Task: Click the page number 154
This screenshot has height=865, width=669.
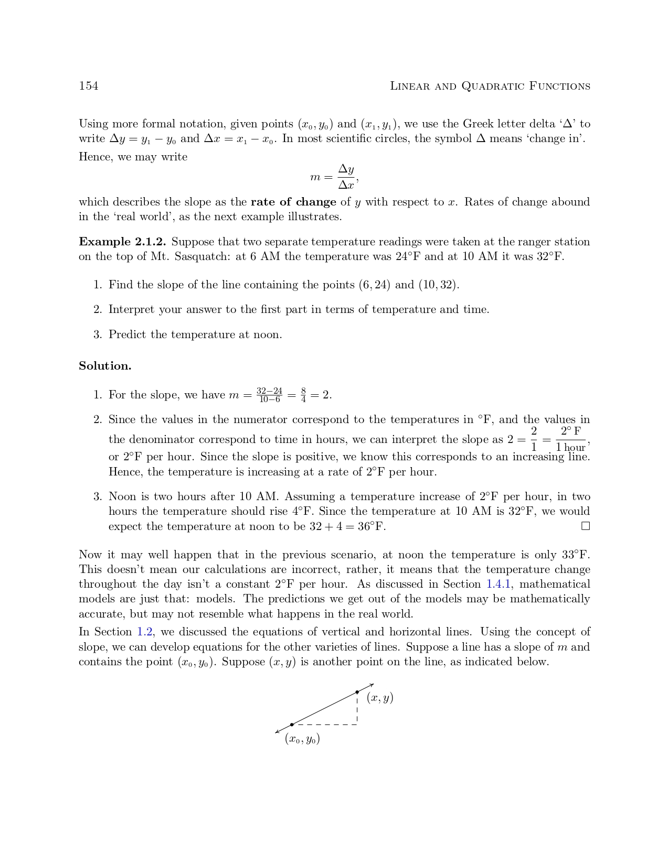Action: click(x=88, y=86)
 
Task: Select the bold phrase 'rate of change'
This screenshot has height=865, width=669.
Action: click(x=293, y=202)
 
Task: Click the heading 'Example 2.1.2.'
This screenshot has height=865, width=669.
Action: click(x=122, y=242)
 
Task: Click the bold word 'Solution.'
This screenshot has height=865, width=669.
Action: click(x=105, y=366)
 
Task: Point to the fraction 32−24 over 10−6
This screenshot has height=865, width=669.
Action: click(x=269, y=395)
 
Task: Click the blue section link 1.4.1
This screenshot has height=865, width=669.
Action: click(x=498, y=584)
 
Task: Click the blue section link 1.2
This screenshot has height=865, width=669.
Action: click(x=145, y=632)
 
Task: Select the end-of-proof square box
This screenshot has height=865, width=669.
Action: click(x=586, y=526)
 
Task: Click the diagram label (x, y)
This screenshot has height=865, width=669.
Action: click(x=380, y=698)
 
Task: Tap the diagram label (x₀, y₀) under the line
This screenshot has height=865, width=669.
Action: click(x=302, y=739)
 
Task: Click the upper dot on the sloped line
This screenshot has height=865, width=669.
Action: click(x=357, y=693)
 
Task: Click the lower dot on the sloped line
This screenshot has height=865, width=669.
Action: click(x=292, y=725)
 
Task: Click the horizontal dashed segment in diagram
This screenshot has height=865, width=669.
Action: click(x=325, y=725)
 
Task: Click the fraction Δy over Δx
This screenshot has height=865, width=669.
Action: click(x=346, y=177)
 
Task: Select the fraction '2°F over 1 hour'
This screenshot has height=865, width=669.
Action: click(x=570, y=439)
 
